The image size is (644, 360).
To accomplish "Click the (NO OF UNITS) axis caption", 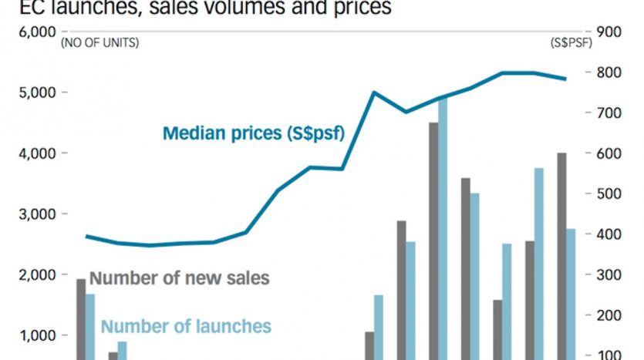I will pos(100,43).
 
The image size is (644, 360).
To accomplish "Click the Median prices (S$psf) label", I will pos(253,133).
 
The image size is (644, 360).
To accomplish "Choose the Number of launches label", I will pos(186,326).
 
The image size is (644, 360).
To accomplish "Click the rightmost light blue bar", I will pos(571,294).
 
